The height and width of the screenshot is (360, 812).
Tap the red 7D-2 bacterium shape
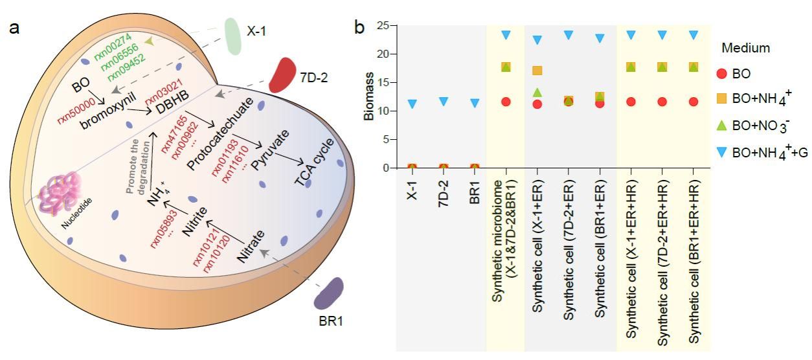[x=282, y=75]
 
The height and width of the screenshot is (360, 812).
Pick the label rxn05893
[x=161, y=229]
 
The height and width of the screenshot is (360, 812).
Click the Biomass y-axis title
[x=368, y=96]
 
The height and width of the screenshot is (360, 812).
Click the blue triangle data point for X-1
[x=412, y=104]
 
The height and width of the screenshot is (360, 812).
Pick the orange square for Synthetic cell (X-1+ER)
[x=537, y=71]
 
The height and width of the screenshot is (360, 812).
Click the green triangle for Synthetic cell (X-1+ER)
[x=537, y=92]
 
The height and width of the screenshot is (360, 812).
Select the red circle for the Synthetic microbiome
[x=506, y=102]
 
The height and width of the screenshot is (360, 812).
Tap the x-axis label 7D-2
[x=444, y=193]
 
